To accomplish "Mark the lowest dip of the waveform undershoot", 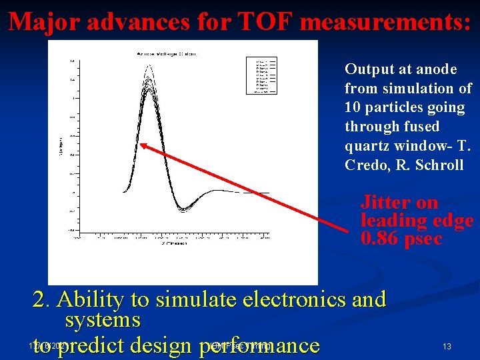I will (181, 209).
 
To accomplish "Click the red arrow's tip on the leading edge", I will (142, 145).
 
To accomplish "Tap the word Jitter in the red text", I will (381, 202).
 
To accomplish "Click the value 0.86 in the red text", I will (379, 239).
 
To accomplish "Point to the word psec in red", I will (423, 239).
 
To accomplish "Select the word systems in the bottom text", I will (103, 320).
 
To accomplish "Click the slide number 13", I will (447, 346).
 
